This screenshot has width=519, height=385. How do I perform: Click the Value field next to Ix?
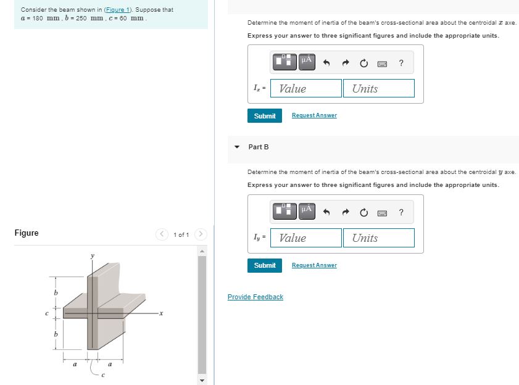306,88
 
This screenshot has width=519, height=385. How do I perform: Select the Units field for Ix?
378,88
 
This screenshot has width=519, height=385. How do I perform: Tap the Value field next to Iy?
306,238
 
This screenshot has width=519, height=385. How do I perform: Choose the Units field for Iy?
378,238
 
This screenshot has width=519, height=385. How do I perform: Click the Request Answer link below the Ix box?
314,115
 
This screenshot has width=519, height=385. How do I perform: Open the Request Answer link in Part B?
314,265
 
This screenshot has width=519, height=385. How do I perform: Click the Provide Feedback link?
255,297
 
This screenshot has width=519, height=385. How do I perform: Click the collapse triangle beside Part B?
237,147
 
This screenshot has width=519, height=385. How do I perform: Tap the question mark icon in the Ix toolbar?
401,62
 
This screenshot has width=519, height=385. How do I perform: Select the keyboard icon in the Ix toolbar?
382,63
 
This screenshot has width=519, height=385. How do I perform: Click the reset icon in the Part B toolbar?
363,213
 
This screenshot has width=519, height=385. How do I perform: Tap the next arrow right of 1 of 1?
201,234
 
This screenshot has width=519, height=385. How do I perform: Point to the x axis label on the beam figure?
162,313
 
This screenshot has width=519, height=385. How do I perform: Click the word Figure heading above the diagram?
27,233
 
